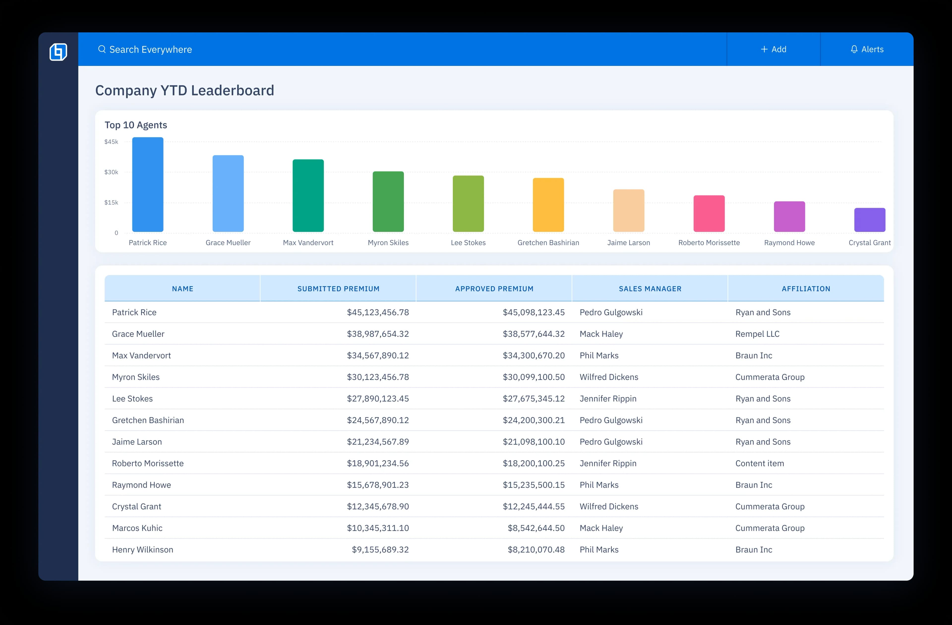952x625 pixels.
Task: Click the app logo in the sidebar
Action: (x=59, y=52)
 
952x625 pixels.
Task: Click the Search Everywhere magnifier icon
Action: (x=102, y=49)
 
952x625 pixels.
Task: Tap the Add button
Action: (x=773, y=49)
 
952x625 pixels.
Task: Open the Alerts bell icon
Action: (x=854, y=49)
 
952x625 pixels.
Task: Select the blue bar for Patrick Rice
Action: (x=148, y=184)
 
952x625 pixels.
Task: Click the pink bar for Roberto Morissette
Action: (x=709, y=214)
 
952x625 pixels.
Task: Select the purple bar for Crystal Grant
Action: (x=870, y=220)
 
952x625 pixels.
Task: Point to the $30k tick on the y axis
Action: (x=111, y=172)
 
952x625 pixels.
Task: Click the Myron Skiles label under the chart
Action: (x=388, y=243)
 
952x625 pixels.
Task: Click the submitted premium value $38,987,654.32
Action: (x=378, y=334)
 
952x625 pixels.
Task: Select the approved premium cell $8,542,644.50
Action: (x=536, y=528)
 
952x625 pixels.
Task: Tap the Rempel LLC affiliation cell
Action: (x=757, y=334)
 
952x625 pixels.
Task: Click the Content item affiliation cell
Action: (x=760, y=463)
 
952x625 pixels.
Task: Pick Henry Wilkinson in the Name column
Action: (x=142, y=549)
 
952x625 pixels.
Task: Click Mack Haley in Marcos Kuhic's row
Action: (x=601, y=528)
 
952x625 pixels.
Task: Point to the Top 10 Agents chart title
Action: (x=136, y=125)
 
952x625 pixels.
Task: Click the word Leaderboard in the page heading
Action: (x=232, y=90)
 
